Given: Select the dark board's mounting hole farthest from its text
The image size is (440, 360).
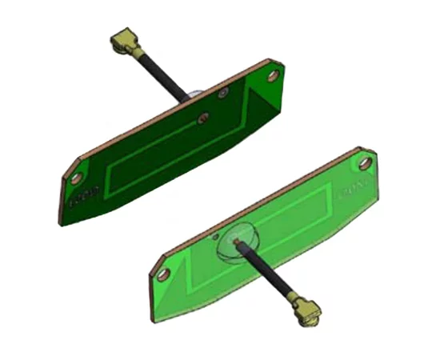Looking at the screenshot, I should (274, 76).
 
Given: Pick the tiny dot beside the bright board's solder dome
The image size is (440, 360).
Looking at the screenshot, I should (215, 238).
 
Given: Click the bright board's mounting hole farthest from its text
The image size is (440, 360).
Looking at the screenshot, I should (164, 274).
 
